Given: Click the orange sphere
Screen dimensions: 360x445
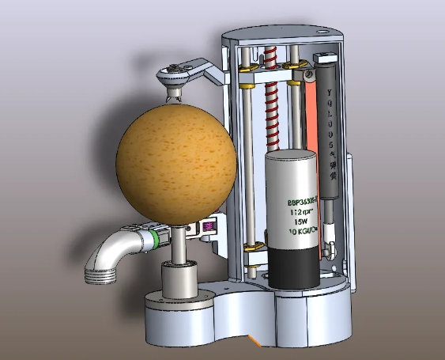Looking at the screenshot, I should click(175, 161).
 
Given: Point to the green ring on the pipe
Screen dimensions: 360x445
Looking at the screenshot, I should click(160, 236).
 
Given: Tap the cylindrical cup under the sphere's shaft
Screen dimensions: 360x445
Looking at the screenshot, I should click(179, 282).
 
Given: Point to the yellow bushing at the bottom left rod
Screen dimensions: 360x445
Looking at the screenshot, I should click(255, 248).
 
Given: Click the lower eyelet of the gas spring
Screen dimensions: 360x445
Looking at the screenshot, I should click(330, 254).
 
